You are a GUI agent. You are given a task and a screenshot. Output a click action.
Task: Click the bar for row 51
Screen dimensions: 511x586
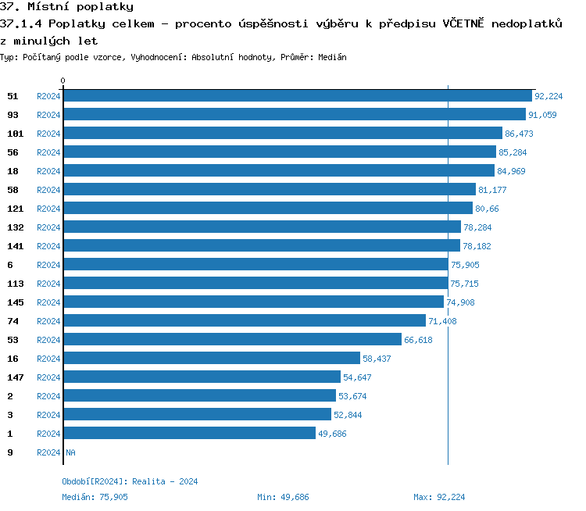coord(297,96)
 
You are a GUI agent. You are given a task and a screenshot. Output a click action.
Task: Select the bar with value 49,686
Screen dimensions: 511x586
coord(189,434)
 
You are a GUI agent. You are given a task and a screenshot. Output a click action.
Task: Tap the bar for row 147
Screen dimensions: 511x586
coord(202,377)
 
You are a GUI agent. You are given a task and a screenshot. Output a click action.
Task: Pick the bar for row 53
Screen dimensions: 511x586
coord(232,340)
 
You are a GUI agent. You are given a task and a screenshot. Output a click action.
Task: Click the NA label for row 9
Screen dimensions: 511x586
coord(70,452)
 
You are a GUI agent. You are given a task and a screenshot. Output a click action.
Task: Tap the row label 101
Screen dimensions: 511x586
coord(15,134)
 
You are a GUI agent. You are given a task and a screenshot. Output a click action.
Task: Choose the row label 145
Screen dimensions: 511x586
coord(15,302)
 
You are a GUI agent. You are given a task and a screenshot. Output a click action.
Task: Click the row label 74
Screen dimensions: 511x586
coord(13,321)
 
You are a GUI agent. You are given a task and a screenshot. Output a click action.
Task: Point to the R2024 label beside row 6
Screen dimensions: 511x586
coord(48,265)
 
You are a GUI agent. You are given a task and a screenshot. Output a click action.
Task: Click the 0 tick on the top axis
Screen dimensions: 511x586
coord(63,80)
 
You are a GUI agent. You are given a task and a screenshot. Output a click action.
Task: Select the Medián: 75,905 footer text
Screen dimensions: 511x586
coord(95,497)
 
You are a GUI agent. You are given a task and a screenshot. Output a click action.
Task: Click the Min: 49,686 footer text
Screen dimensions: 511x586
coord(283,497)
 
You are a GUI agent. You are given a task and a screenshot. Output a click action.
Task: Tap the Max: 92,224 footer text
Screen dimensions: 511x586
coord(439,497)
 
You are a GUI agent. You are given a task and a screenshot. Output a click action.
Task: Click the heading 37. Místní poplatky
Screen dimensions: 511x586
coord(66,7)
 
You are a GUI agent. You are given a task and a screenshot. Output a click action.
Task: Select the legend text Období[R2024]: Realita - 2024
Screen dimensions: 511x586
coord(130,481)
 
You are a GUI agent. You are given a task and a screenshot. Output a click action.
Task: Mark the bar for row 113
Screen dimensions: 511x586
coord(255,284)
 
